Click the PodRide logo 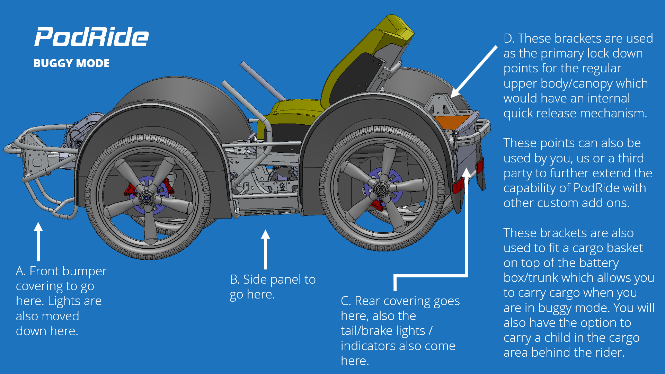coord(91,37)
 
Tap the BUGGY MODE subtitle coord(71,63)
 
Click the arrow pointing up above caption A coord(38,241)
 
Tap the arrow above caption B coord(265,249)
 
